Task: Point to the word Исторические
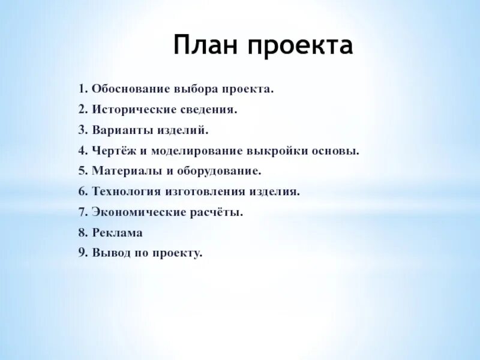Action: tap(133, 110)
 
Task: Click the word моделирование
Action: tap(193, 151)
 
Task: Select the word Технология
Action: tap(127, 191)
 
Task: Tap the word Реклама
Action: tap(118, 233)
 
